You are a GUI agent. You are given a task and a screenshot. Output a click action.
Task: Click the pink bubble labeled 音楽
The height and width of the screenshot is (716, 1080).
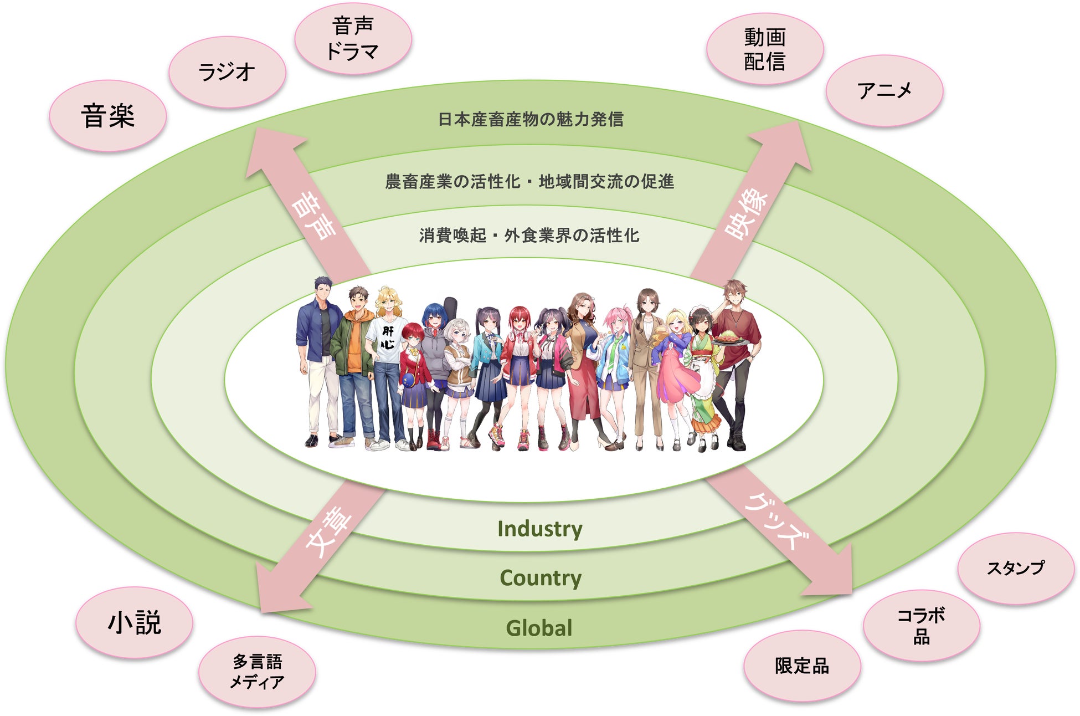click(x=108, y=116)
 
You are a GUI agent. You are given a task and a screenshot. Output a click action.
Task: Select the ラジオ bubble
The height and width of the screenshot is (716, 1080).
click(x=227, y=72)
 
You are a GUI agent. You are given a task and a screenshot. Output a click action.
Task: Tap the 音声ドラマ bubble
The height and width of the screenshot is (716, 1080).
click(x=353, y=39)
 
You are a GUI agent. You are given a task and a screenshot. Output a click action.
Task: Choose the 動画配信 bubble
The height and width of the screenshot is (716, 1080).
click(x=765, y=49)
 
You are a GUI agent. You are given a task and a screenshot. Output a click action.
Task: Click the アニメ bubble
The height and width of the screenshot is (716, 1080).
click(x=884, y=90)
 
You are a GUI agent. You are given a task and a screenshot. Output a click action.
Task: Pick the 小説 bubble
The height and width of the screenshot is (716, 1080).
click(x=134, y=622)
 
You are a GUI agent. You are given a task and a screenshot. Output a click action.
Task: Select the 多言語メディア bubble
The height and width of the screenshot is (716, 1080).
click(x=257, y=672)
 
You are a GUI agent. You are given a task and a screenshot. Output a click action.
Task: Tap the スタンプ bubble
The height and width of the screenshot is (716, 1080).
click(x=1016, y=568)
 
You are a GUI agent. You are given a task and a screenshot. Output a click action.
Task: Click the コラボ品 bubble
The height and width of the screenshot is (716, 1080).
click(x=922, y=626)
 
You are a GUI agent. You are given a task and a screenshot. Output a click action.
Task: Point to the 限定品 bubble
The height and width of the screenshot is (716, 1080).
click(x=802, y=666)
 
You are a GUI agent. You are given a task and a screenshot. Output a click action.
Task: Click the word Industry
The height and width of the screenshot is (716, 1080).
click(x=540, y=529)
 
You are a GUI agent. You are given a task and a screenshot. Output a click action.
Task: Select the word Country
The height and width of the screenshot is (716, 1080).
click(x=541, y=578)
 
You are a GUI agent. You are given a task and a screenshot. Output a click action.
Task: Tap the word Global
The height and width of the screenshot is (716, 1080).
click(x=539, y=628)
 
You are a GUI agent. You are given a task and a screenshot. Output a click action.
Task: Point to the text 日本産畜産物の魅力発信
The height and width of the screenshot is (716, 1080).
click(x=531, y=119)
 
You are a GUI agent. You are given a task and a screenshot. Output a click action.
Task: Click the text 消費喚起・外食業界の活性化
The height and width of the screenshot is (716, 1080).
click(x=529, y=236)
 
